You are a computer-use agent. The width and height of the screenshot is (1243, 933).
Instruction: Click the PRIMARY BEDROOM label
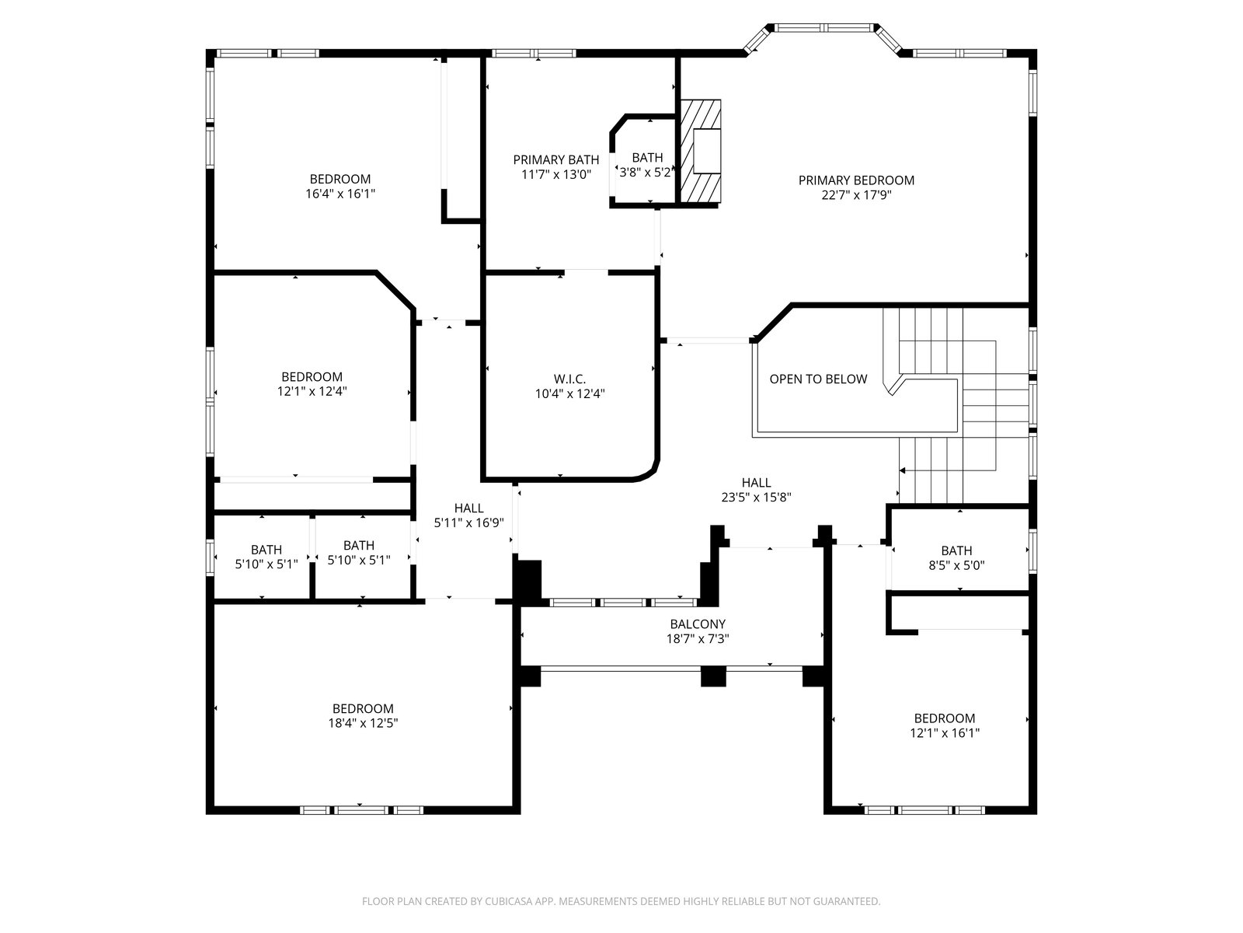point(856,180)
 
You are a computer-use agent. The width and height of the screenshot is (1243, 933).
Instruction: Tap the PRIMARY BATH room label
point(556,159)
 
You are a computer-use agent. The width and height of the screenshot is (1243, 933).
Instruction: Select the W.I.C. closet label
point(569,379)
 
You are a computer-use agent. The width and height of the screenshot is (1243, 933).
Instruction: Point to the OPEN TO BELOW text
point(818,379)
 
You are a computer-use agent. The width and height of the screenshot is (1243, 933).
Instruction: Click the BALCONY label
point(698,624)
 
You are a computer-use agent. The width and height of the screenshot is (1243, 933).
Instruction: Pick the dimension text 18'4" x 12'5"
point(363,723)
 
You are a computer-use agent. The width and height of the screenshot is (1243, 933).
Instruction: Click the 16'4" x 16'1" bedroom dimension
point(340,194)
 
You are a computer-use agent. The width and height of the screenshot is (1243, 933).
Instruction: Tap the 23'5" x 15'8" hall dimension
point(756,498)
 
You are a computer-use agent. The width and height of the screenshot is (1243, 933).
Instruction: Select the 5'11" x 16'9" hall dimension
point(469,522)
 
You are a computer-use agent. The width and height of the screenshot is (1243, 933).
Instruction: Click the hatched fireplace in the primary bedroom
point(701,152)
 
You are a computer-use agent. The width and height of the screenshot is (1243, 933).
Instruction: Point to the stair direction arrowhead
point(903,470)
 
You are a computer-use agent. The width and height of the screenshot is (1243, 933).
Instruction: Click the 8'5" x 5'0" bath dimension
point(956,564)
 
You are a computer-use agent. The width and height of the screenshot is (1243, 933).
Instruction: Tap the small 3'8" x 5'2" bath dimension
point(645,172)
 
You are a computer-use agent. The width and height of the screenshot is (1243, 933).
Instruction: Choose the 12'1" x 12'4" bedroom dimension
point(312,391)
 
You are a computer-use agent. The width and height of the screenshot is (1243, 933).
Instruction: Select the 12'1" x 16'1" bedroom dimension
point(945,732)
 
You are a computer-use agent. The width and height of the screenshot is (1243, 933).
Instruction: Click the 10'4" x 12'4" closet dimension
point(569,393)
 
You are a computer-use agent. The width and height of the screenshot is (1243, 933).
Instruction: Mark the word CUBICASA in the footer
point(509,900)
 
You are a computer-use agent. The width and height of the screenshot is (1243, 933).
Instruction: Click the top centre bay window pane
point(824,27)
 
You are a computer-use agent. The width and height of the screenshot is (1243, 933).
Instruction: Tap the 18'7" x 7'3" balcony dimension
point(698,638)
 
